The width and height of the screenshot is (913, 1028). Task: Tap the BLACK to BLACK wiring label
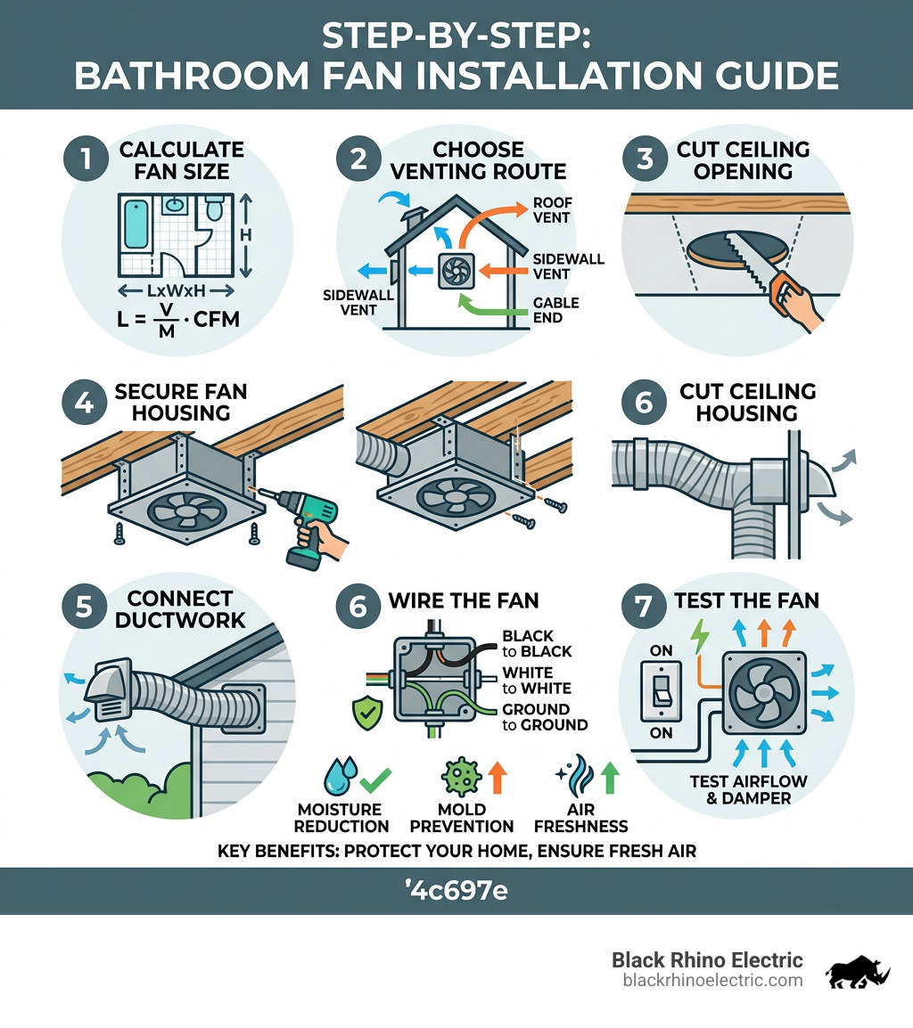coord(537,643)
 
